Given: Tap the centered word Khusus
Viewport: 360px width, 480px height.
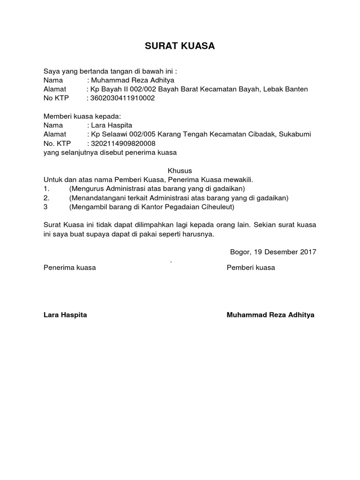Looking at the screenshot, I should point(180,170).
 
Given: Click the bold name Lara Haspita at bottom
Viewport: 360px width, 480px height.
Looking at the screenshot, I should point(65,315).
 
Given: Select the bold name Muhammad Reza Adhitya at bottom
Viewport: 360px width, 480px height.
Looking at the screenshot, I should point(270,315).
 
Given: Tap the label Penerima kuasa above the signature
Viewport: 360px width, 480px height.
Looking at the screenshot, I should point(69,268).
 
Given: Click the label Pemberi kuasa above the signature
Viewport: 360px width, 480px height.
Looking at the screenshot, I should point(251,268).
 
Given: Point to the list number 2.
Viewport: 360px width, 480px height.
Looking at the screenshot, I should point(46,197).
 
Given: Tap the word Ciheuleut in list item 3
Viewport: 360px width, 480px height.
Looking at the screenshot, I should point(217,206).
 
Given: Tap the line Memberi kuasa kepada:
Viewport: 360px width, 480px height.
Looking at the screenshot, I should point(82,116).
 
